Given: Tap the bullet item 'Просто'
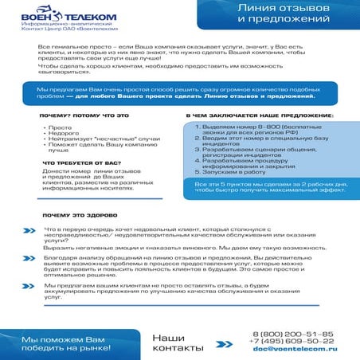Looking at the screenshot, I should [x=60, y=127].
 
